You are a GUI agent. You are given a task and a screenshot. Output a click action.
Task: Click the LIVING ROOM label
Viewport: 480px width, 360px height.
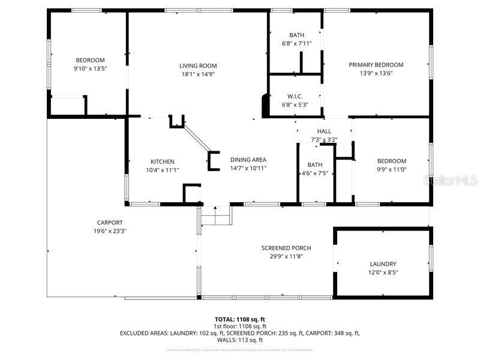[198, 66]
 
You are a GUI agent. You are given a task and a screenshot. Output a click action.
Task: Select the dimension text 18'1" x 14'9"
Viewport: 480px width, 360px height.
[198, 74]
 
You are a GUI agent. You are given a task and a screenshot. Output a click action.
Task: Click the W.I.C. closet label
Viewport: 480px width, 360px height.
[295, 96]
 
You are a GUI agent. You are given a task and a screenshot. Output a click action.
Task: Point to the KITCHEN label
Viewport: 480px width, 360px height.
[162, 161]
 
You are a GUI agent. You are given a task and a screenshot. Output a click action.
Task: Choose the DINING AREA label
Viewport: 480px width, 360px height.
[248, 160]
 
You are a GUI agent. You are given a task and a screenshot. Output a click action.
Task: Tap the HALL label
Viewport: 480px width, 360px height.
[324, 131]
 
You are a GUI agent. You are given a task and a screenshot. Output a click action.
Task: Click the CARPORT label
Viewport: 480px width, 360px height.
[110, 223]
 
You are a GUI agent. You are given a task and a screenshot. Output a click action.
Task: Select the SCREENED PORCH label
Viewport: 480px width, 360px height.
[286, 248]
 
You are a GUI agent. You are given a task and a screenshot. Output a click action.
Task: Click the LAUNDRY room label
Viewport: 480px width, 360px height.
[383, 264]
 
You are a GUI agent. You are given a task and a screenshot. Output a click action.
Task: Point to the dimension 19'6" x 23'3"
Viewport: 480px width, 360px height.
[110, 231]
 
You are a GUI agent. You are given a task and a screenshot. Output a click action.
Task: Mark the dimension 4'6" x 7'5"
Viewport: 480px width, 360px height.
[315, 173]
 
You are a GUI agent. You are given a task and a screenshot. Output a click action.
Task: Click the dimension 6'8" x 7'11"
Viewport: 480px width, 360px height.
[297, 44]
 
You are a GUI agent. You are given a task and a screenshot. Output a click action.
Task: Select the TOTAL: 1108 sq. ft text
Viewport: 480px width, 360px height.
[240, 319]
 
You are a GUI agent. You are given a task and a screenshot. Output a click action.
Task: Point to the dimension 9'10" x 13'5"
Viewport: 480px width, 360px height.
[90, 68]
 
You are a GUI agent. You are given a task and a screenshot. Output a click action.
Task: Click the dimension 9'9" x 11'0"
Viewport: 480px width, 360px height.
[391, 170]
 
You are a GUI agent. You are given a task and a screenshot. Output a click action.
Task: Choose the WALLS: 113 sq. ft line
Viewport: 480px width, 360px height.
[240, 340]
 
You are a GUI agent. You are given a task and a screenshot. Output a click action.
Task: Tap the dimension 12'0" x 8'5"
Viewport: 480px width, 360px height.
[383, 272]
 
